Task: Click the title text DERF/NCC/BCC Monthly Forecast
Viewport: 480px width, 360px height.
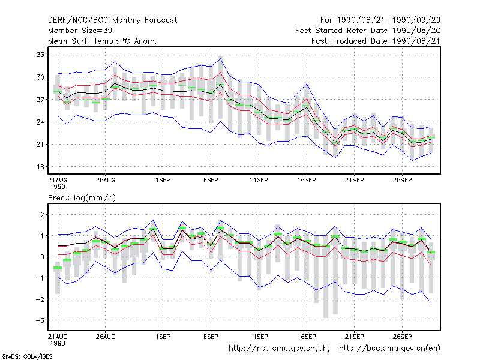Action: (112, 20)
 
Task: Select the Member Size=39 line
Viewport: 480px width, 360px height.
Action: (80, 31)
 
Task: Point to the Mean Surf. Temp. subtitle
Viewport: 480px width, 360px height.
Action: (103, 41)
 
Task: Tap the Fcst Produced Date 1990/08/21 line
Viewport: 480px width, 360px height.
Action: (376, 41)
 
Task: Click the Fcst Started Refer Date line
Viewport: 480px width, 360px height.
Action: (368, 31)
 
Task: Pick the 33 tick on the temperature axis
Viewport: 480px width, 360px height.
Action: (40, 55)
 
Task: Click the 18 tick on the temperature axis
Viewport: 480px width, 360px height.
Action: (40, 167)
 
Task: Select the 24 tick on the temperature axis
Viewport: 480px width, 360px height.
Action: (40, 122)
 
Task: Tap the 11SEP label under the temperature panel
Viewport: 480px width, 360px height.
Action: (259, 181)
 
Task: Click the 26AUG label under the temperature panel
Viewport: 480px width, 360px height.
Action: (106, 181)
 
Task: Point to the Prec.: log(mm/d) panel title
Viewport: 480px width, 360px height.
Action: (82, 198)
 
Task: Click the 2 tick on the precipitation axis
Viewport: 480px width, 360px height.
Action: (42, 215)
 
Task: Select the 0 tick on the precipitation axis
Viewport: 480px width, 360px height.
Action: (42, 257)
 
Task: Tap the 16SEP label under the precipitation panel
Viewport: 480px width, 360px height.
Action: (307, 337)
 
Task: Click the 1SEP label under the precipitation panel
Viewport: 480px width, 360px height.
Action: (163, 337)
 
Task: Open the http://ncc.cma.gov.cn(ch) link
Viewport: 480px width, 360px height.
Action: (279, 349)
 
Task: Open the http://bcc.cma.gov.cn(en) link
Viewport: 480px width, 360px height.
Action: (389, 349)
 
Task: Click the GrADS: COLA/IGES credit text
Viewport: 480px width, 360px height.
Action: (27, 356)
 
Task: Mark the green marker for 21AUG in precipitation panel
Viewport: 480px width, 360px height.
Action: (58, 268)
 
